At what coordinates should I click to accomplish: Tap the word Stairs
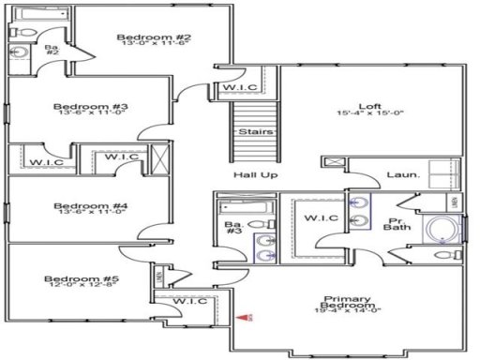(x=255, y=132)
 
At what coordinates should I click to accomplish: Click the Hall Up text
(x=255, y=175)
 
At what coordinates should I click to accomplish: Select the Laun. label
(x=402, y=175)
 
